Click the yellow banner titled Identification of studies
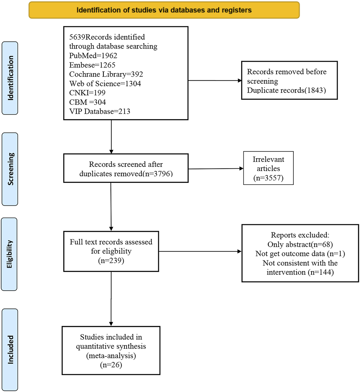click(x=164, y=10)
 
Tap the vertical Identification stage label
click(x=10, y=78)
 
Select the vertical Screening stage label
click(x=10, y=169)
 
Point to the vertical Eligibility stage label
click(x=9, y=254)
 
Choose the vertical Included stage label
click(x=10, y=349)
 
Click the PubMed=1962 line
click(x=93, y=56)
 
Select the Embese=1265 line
click(x=92, y=65)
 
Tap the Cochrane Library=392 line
click(x=106, y=74)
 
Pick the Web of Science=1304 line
click(x=105, y=84)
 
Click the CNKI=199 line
click(x=87, y=93)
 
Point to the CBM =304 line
click(x=87, y=102)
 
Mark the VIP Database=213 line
click(x=100, y=112)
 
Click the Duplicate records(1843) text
click(x=286, y=90)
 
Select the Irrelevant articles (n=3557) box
click(x=268, y=168)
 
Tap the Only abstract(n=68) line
click(x=300, y=244)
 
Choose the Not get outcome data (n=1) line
click(x=300, y=254)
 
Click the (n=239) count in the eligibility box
click(x=111, y=260)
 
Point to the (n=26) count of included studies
click(x=111, y=365)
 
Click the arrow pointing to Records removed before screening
click(x=215, y=80)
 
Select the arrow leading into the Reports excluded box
click(x=200, y=251)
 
